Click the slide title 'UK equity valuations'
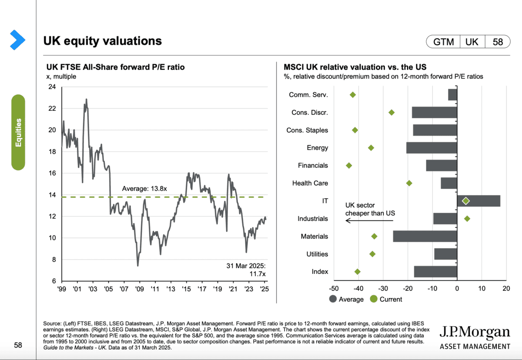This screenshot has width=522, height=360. tap(102, 41)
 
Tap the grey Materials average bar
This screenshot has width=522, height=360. tap(425, 236)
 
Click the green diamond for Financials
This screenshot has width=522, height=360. tap(349, 165)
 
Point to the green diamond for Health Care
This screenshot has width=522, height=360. tap(409, 183)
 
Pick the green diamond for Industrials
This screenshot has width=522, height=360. tap(467, 218)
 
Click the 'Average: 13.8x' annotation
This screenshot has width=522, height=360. tap(144, 189)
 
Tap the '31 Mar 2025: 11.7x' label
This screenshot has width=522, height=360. tap(246, 269)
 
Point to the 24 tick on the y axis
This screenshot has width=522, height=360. tap(52, 87)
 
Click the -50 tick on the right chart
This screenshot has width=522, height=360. tap(334, 288)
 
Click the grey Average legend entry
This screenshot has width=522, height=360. tap(347, 299)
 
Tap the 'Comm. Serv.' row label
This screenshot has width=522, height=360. tap(308, 95)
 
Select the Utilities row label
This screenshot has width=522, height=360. tap(317, 254)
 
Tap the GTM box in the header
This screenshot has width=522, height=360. tap(444, 42)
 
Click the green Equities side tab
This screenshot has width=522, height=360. tap(18, 132)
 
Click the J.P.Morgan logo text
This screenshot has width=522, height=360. tap(475, 333)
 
